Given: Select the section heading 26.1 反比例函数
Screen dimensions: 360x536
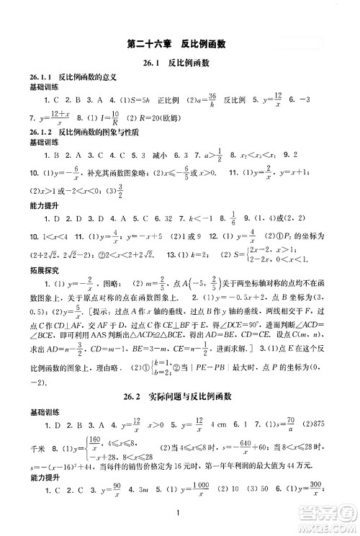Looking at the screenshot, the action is pyautogui.click(x=180, y=63).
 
